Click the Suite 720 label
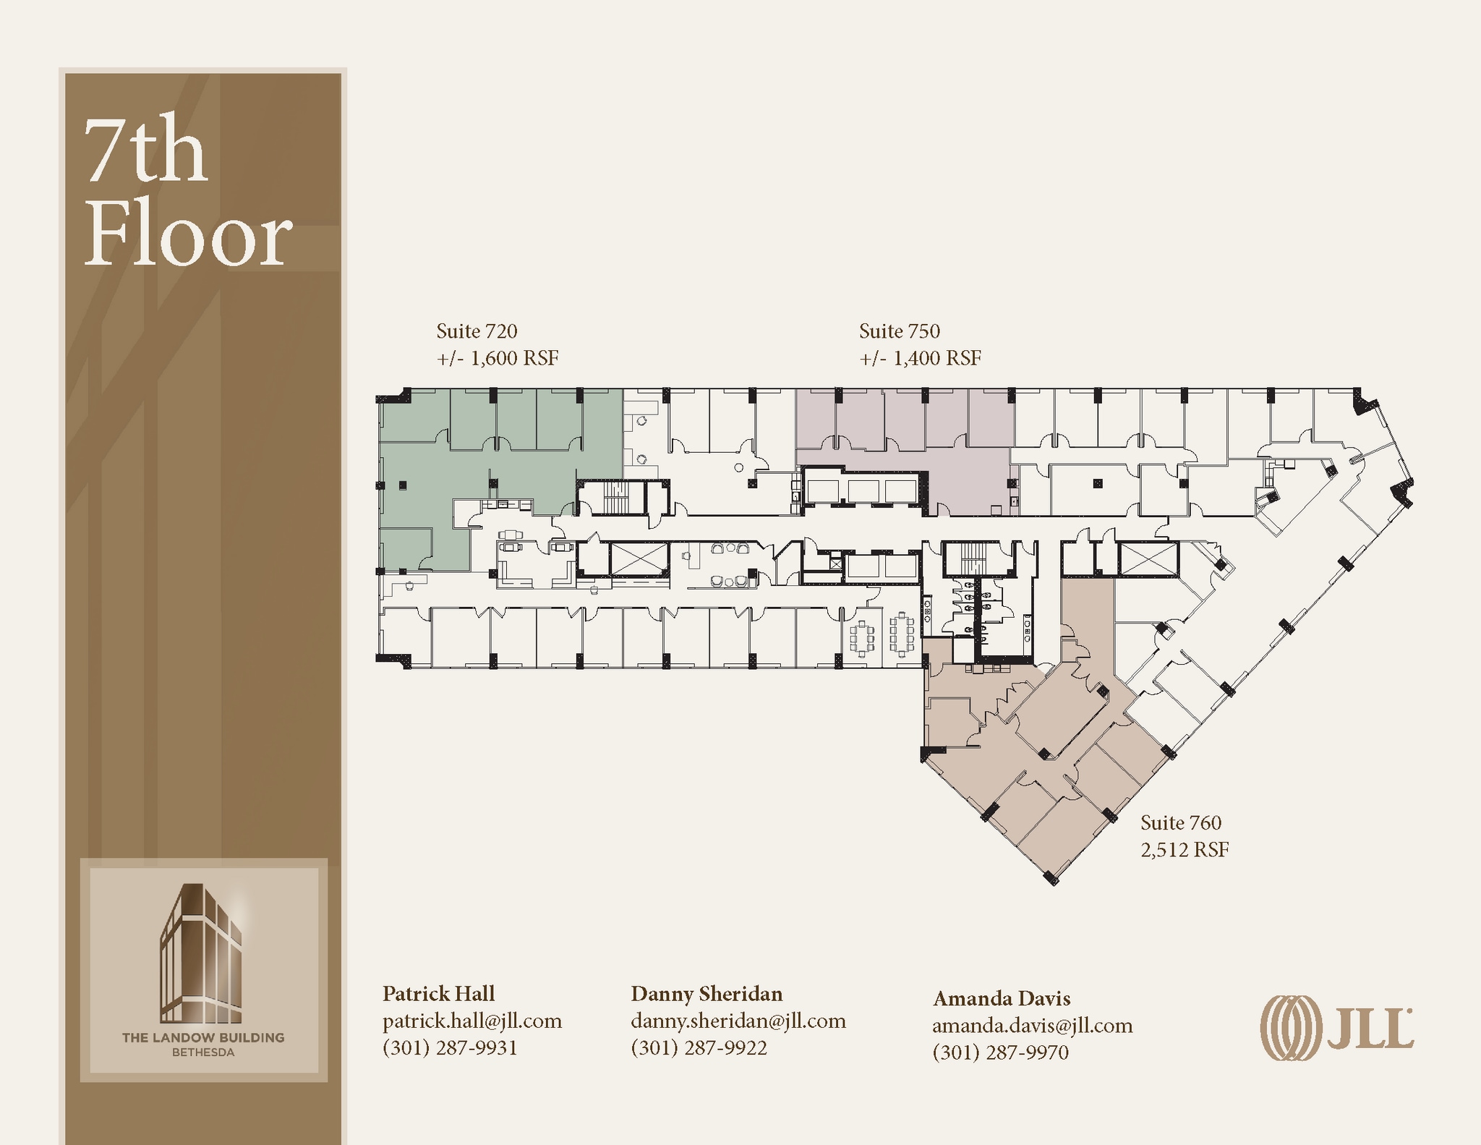[x=477, y=331]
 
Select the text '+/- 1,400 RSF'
[x=920, y=358]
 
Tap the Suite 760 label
[x=1181, y=822]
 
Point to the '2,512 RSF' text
[x=1185, y=850]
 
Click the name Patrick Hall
[x=438, y=994]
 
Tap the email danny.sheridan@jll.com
[x=738, y=1021]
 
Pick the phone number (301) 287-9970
[x=1000, y=1052]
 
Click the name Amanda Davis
[x=1002, y=999]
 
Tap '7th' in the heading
[x=146, y=150]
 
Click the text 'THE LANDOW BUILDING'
[x=203, y=1038]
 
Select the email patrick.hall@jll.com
[x=472, y=1021]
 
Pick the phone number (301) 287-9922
[x=699, y=1048]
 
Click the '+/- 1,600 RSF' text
[x=498, y=358]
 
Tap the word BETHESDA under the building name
[x=203, y=1052]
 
